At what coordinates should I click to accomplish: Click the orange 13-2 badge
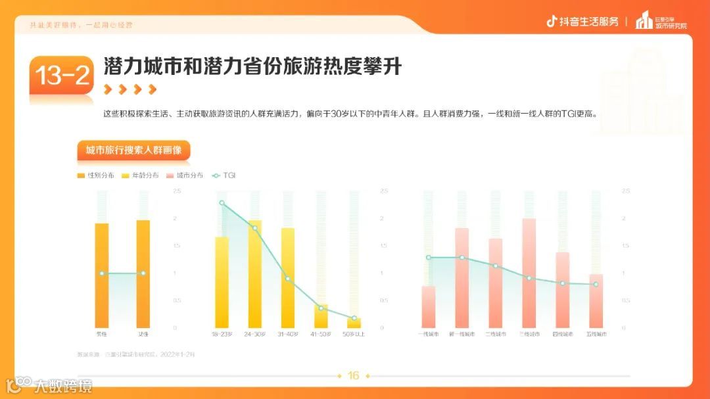coord(62,76)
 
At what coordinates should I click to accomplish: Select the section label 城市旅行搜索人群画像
coord(133,150)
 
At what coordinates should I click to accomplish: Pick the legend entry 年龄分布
coord(141,176)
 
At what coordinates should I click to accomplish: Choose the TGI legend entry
coord(223,176)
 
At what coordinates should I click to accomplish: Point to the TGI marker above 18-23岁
coord(222,203)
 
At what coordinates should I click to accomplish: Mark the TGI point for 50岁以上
coord(354,318)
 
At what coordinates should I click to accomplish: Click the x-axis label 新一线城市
coord(461,335)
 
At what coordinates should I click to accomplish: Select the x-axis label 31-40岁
coord(288,335)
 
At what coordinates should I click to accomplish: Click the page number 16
coord(354,376)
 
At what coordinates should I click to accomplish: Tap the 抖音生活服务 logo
coord(582,22)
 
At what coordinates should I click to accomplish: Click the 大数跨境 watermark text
coord(64,385)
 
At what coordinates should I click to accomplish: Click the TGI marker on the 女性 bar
coord(143,273)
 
